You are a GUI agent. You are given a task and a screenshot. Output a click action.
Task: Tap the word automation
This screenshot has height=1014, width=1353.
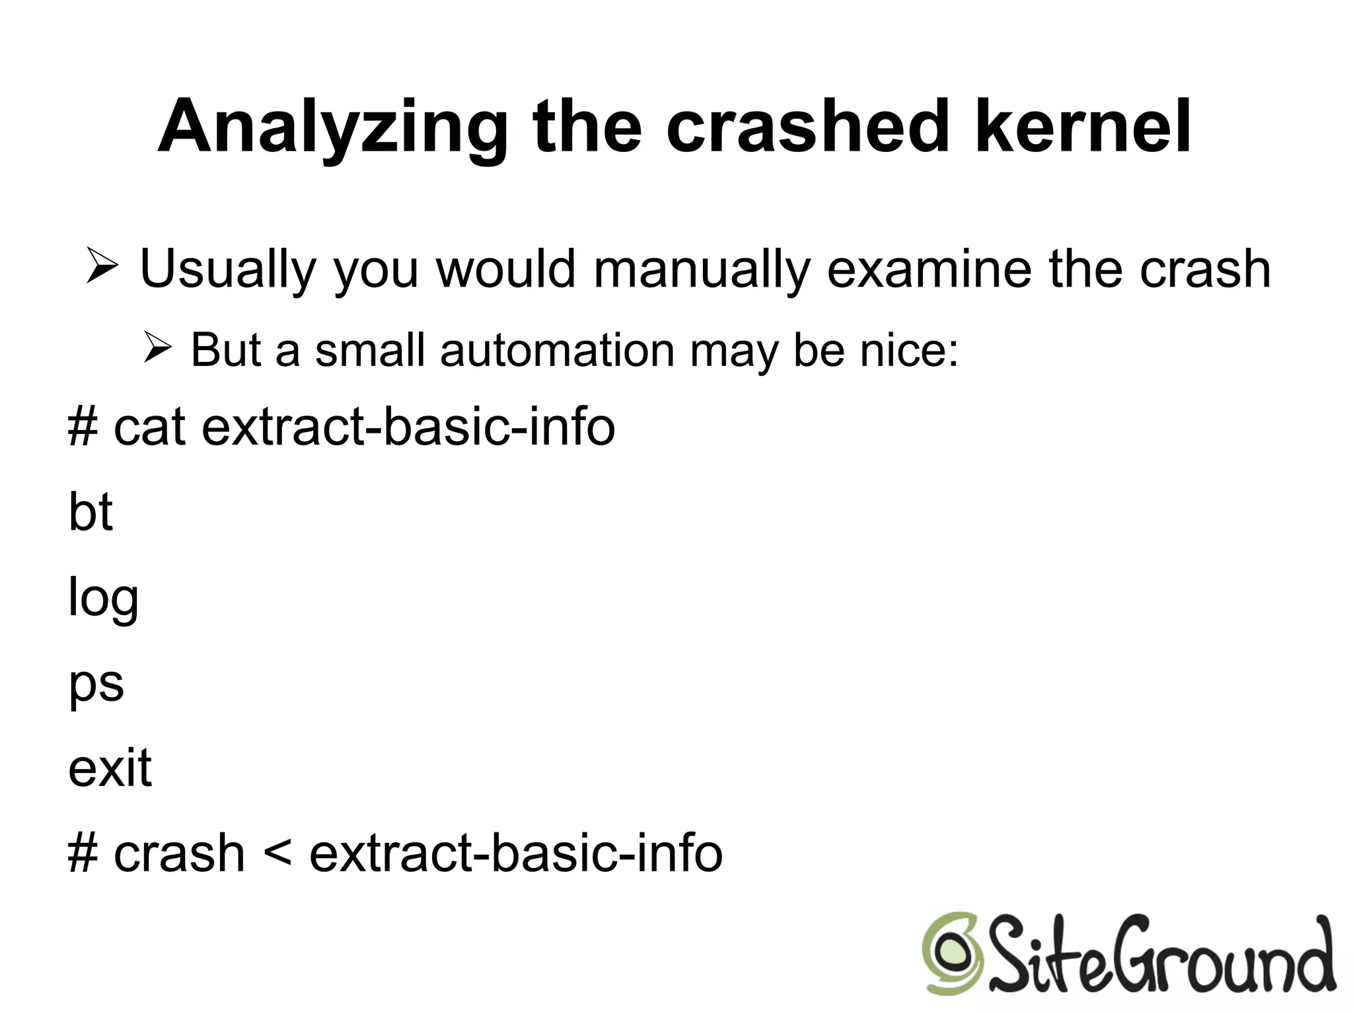point(556,349)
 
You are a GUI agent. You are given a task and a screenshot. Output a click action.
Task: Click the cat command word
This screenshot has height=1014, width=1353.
point(149,427)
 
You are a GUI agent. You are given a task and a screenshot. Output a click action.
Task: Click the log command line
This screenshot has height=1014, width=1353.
point(103,598)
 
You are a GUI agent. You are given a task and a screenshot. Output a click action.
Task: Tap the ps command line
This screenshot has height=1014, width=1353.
point(96,684)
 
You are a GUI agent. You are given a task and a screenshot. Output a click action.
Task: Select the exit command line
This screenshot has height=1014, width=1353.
point(110,768)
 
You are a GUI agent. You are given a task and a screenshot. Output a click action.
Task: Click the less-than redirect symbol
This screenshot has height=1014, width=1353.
point(277,853)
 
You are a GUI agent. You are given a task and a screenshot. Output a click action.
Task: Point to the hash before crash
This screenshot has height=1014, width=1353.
point(83,853)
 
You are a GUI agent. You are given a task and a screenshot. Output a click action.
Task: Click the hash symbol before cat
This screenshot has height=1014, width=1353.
point(83,427)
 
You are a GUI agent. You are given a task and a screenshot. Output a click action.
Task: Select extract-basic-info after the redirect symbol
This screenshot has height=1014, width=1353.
point(516,853)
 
